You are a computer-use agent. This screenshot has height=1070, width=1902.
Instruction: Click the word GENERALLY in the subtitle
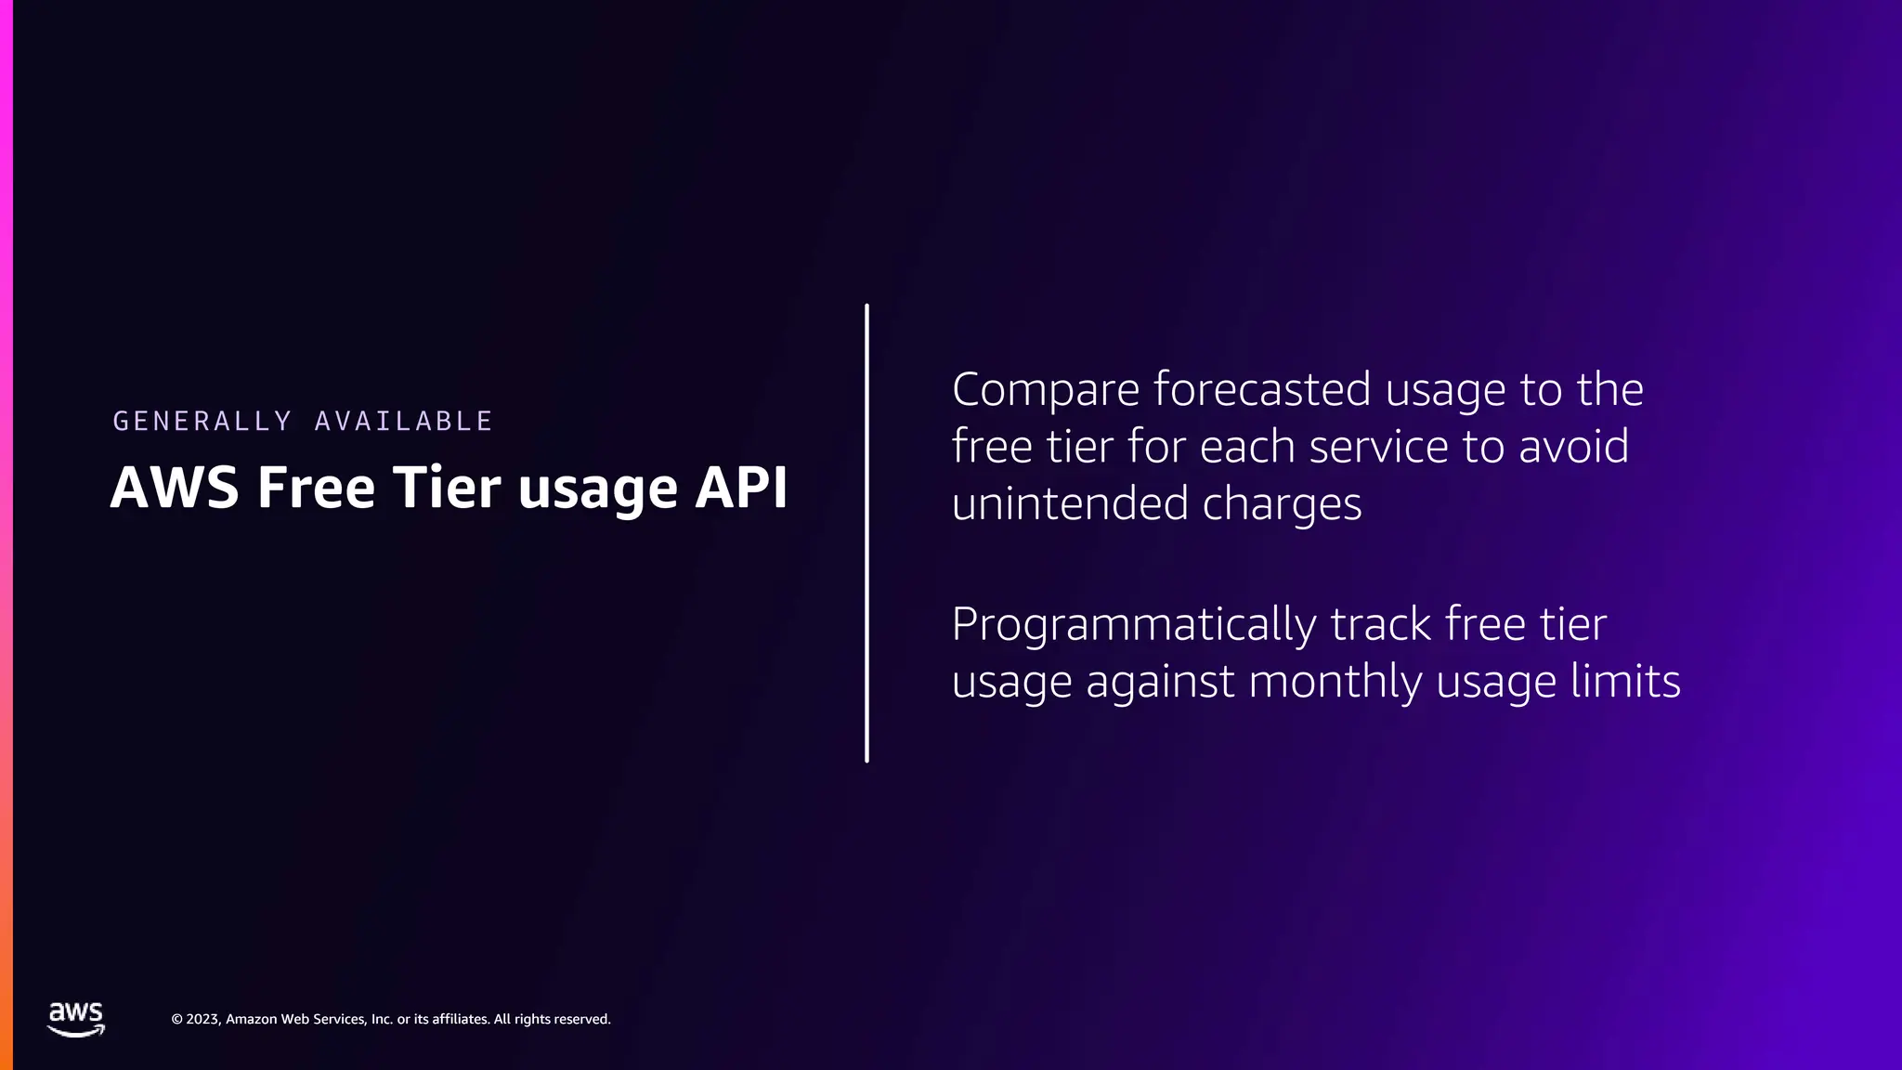pyautogui.click(x=202, y=421)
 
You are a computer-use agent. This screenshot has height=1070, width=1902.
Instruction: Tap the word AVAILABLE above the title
pyautogui.click(x=403, y=421)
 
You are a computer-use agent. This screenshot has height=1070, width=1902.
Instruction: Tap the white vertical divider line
pyautogui.click(x=866, y=533)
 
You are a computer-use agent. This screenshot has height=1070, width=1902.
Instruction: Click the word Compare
pyautogui.click(x=1045, y=390)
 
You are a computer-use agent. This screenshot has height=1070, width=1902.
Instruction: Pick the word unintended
pyautogui.click(x=1070, y=503)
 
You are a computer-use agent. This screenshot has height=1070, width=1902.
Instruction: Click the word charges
pyautogui.click(x=1282, y=505)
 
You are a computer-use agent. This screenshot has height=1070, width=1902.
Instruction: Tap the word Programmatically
pyautogui.click(x=1133, y=625)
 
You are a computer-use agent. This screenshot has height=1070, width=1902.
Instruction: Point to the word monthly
pyautogui.click(x=1335, y=682)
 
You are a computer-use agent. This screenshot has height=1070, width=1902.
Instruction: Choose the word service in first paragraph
pyautogui.click(x=1378, y=447)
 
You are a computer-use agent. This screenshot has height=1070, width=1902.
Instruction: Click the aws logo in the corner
pyautogui.click(x=76, y=1019)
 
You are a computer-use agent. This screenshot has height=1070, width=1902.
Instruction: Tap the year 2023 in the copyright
pyautogui.click(x=203, y=1019)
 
